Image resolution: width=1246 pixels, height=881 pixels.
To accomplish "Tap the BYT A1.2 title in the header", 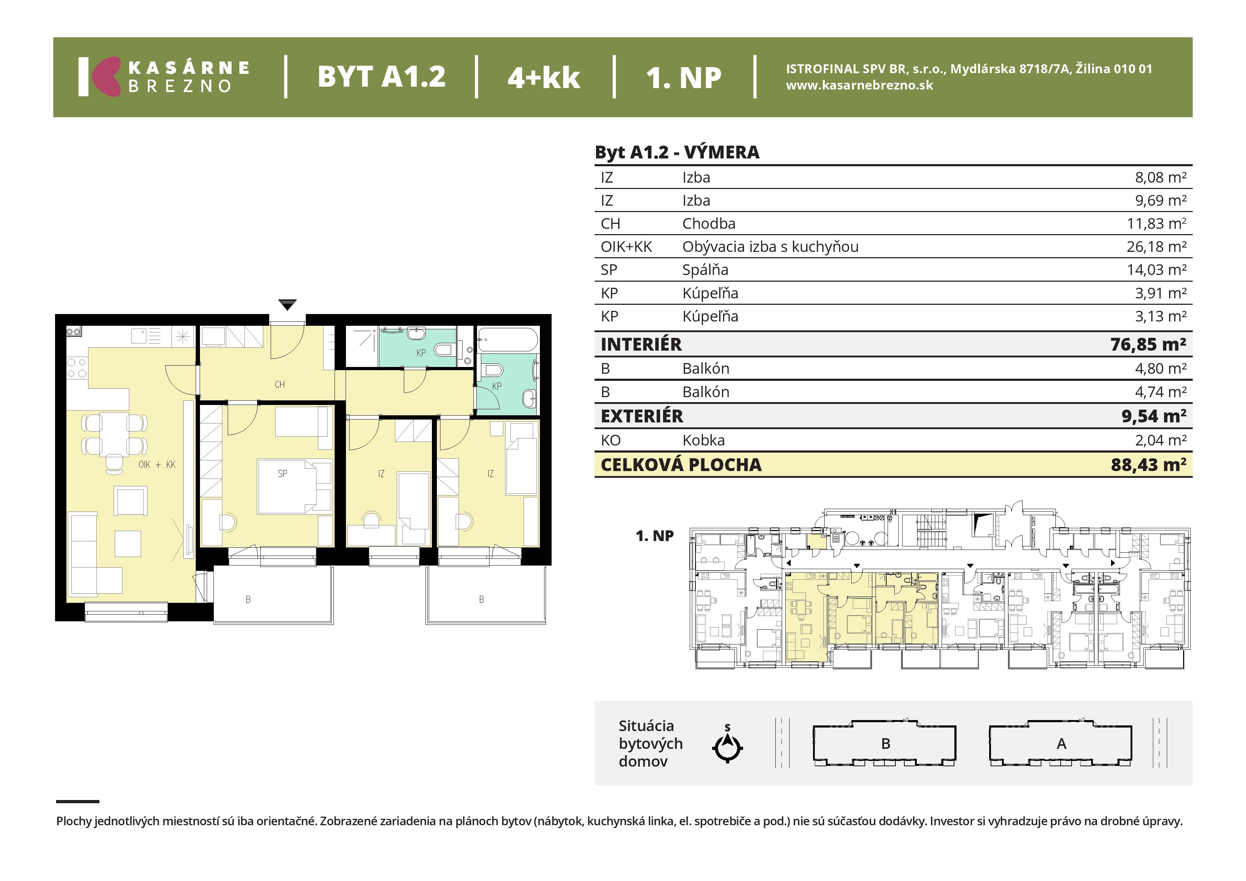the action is pyautogui.click(x=381, y=76).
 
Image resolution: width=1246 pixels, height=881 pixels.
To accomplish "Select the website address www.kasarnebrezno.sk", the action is pyautogui.click(x=860, y=85).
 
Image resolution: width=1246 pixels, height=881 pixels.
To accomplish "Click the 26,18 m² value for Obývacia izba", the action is pyautogui.click(x=1156, y=247).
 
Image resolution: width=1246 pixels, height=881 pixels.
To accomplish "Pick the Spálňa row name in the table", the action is pyautogui.click(x=705, y=270).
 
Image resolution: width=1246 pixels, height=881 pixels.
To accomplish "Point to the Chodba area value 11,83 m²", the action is pyautogui.click(x=1156, y=224).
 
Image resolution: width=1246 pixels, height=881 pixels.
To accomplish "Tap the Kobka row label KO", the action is pyautogui.click(x=611, y=440).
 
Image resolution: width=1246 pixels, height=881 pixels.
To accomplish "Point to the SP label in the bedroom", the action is pyautogui.click(x=282, y=473).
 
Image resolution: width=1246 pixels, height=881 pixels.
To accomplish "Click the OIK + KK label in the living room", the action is pyautogui.click(x=157, y=465).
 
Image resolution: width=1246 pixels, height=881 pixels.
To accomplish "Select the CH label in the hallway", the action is pyautogui.click(x=280, y=384).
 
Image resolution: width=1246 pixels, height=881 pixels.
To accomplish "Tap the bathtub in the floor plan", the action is pyautogui.click(x=508, y=340).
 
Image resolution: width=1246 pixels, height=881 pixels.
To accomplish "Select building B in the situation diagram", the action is pyautogui.click(x=884, y=743).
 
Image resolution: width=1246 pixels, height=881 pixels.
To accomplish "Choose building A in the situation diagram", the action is pyautogui.click(x=1061, y=743).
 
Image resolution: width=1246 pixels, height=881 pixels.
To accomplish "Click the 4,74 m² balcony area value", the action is pyautogui.click(x=1160, y=392).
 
